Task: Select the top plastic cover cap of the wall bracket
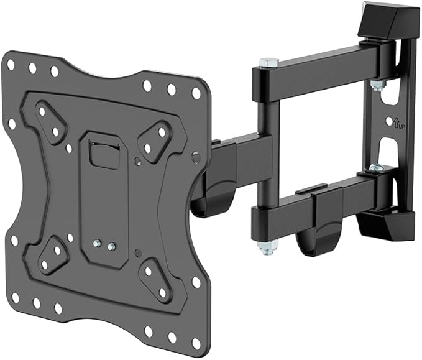point(387,21)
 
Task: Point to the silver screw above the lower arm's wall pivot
point(375,167)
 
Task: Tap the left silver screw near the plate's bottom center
point(98,245)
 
